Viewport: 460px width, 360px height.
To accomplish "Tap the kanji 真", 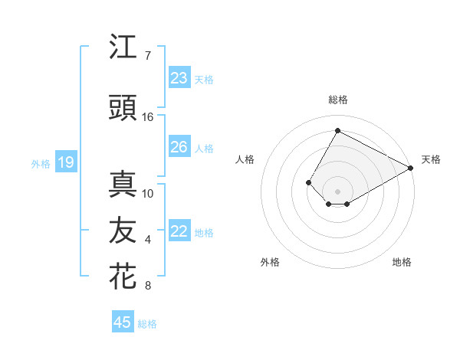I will (123, 184).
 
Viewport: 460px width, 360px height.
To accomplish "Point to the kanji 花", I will (123, 277).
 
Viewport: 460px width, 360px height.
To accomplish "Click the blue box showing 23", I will (179, 78).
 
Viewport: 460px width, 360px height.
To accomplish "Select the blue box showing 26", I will (179, 147).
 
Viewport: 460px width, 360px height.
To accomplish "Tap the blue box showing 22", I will (179, 231).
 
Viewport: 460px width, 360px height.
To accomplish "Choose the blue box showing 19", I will (66, 162).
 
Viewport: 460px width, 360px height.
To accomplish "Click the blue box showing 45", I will (123, 322).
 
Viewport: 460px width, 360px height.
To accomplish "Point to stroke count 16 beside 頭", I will (148, 116).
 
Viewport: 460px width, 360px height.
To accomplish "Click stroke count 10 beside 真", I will (148, 193).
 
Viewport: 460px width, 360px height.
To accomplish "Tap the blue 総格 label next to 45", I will (147, 324).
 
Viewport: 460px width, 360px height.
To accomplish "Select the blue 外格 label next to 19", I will (41, 163).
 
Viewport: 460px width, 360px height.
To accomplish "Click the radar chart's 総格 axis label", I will (337, 100).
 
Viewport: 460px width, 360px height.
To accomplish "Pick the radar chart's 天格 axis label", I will (431, 159).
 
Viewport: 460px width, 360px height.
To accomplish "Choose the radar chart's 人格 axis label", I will (245, 159).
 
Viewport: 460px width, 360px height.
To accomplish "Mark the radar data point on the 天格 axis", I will (412, 168).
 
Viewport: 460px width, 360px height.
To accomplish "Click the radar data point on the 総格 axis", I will (337, 130).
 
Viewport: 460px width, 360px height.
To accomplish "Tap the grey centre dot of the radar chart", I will (337, 191).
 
